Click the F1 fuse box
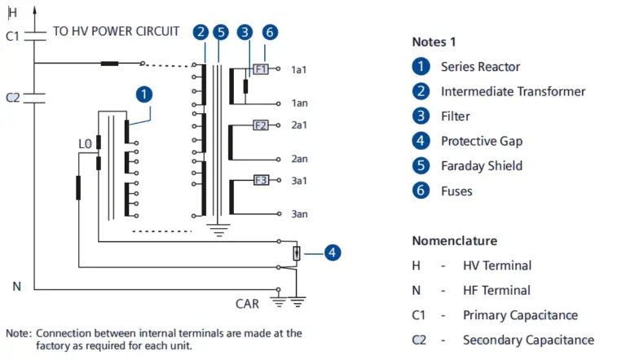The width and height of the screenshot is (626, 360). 261,70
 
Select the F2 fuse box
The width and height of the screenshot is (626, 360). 261,125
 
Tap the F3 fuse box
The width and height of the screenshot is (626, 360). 261,180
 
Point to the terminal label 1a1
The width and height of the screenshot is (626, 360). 299,71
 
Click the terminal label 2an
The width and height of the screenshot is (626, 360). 299,159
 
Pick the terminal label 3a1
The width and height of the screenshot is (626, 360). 299,181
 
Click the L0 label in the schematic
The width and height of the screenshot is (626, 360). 85,144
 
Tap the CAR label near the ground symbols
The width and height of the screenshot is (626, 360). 247,304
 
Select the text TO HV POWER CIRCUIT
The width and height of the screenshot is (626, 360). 117,32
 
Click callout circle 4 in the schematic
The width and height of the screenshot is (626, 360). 332,252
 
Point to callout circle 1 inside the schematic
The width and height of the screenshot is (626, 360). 143,94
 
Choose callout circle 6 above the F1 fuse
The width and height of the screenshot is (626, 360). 271,33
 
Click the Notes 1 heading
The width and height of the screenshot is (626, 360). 434,42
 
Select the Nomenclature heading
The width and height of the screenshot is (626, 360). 454,241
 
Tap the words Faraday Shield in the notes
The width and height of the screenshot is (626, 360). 481,166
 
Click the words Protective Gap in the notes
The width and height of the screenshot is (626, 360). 482,141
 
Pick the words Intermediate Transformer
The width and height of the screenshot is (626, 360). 513,91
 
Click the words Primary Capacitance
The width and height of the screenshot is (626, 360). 520,315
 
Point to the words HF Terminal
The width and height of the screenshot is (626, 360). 496,290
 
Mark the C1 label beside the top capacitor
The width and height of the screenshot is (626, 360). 12,36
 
